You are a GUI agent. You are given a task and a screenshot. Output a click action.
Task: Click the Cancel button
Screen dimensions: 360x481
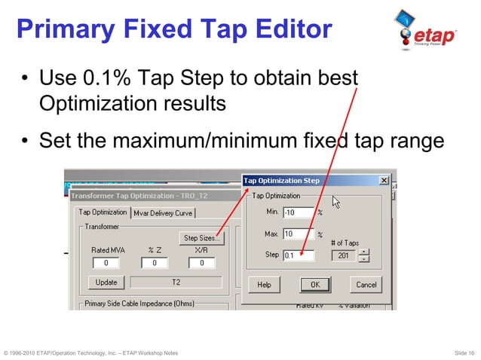[x=366, y=285]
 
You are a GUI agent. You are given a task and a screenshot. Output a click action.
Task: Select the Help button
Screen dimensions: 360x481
[x=264, y=285]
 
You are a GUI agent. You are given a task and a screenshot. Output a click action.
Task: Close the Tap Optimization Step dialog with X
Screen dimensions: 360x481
[x=384, y=181]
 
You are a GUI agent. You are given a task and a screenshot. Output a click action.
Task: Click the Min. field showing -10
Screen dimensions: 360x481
[x=298, y=212]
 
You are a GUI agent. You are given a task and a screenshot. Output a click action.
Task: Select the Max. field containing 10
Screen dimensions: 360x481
[x=298, y=234]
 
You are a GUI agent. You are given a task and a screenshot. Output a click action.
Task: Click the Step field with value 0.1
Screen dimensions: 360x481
[x=298, y=255]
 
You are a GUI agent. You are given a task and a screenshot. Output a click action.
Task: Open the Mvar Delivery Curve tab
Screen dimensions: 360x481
[x=163, y=213]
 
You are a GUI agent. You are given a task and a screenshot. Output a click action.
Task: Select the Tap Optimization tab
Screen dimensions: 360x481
[x=103, y=212]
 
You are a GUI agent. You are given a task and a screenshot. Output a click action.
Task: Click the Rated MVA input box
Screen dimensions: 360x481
[x=106, y=263]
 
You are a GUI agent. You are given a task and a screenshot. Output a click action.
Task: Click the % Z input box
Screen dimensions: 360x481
[x=154, y=263]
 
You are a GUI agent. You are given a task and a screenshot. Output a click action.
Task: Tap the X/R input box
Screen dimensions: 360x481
[x=201, y=263]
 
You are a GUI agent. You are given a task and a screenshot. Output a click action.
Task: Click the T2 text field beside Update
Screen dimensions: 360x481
[x=176, y=282]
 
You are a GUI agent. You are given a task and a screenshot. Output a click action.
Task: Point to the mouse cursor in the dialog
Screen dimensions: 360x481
[x=336, y=202]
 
